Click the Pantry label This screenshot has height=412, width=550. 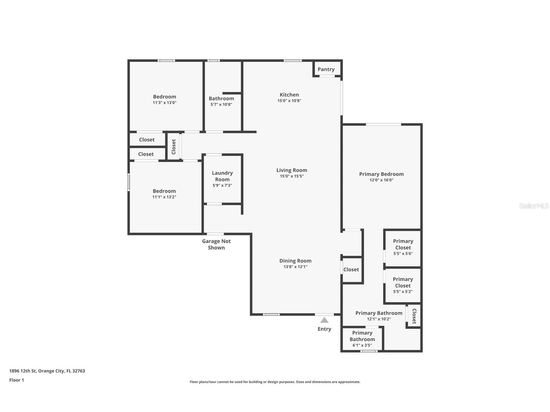pos(326,69)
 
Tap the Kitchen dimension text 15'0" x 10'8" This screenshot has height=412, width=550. pos(289,101)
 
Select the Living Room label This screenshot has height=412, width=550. pos(291,170)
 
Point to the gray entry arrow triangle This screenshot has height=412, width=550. pos(324,320)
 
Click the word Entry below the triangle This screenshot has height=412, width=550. pos(324,329)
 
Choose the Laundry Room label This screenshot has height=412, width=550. pos(222,176)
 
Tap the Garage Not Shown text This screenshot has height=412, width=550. pos(216,244)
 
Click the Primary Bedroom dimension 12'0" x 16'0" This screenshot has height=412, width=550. pos(381,180)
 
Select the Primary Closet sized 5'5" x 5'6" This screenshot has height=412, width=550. pos(403,247)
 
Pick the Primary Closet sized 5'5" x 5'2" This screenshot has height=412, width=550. pos(403,285)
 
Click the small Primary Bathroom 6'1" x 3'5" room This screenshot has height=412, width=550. pos(362,339)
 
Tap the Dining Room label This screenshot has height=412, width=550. pos(295,261)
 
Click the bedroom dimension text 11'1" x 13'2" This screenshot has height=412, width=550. pos(164,197)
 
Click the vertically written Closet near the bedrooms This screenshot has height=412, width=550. pos(173,147)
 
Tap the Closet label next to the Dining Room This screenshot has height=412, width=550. pos(351,269)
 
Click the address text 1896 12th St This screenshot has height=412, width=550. pos(47,371)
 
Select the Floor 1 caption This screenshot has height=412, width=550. pos(17,380)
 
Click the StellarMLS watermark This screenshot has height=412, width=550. pos(533,206)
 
